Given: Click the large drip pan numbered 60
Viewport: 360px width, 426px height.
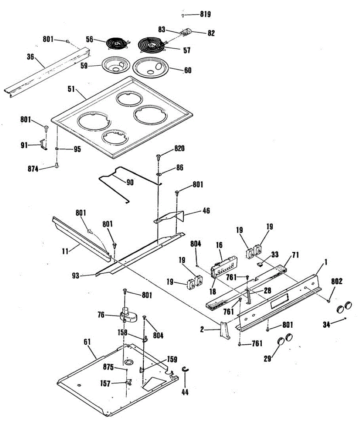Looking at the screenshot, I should pos(151,67).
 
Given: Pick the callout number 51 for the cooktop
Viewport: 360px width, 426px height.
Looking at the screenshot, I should pos(71,88).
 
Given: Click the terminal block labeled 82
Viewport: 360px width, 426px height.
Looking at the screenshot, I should pos(185,32).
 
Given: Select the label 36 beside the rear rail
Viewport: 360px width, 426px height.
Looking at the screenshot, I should pos(31,56).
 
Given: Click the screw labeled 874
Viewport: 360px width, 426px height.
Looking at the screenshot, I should pos(56,165).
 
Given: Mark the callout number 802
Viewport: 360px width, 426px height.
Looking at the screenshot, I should pos(337,281).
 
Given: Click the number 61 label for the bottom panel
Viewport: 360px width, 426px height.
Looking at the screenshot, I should pos(87,342).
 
